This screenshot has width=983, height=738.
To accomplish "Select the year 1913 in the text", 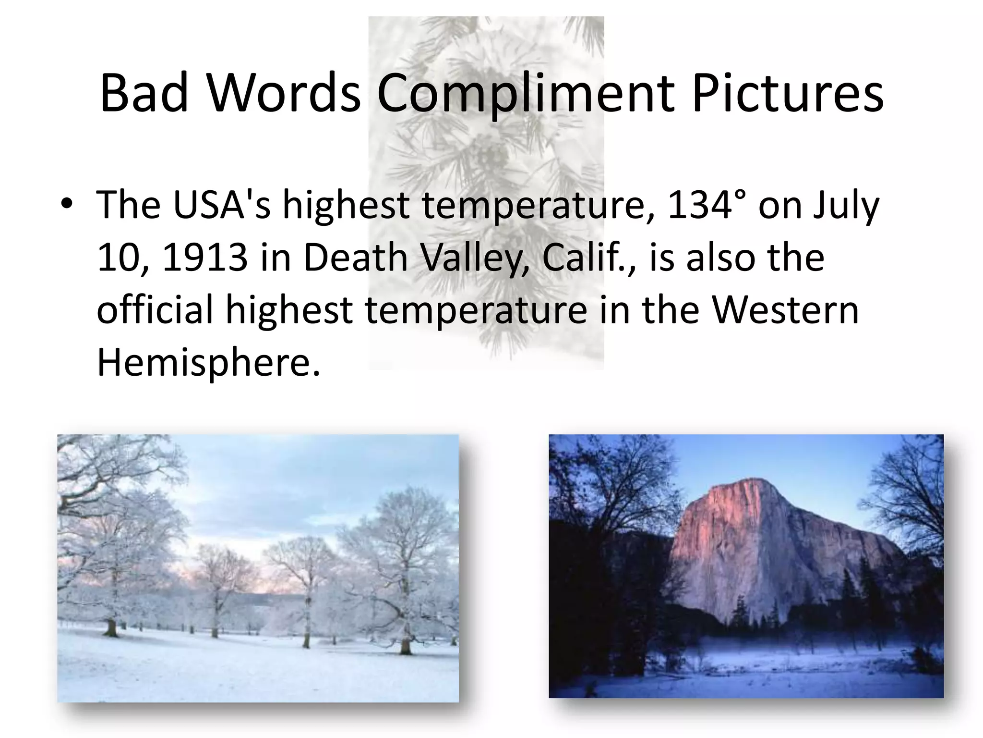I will tap(205, 257).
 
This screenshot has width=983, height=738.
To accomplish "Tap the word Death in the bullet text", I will tap(356, 257).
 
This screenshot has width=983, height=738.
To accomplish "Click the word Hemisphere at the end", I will tap(208, 363).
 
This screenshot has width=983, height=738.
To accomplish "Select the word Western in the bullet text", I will tap(785, 310).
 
